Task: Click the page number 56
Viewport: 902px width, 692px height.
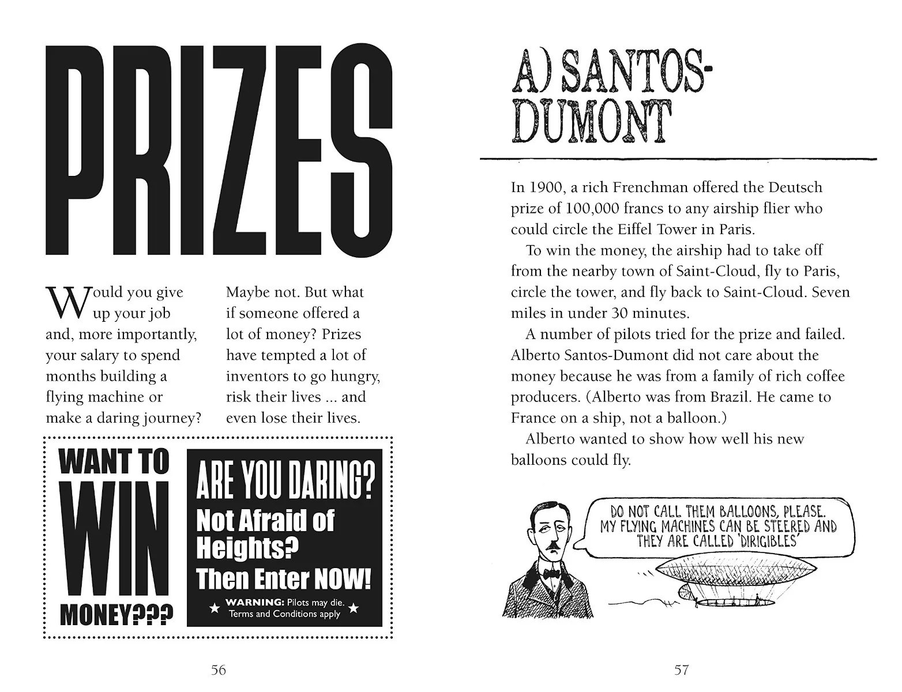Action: pyautogui.click(x=219, y=670)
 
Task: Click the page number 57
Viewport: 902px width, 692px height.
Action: pyautogui.click(x=682, y=670)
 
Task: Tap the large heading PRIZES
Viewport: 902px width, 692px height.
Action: pyautogui.click(x=219, y=151)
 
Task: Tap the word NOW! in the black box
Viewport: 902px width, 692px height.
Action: pyautogui.click(x=341, y=579)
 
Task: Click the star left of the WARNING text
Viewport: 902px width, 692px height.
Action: pyautogui.click(x=214, y=608)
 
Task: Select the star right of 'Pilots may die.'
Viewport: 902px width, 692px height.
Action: pyautogui.click(x=354, y=608)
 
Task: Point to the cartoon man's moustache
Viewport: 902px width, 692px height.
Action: pyautogui.click(x=554, y=545)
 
